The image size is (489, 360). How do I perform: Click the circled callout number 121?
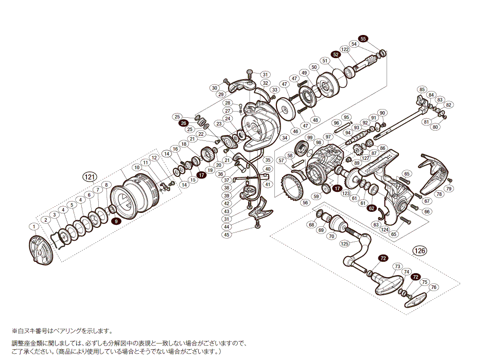(x=90, y=177)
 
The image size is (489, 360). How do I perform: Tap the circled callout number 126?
(x=420, y=251)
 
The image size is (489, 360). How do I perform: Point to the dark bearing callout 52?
(x=336, y=53)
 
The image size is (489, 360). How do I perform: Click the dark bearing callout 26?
(x=183, y=123)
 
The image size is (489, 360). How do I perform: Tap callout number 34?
(x=285, y=138)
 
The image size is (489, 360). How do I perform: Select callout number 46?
(x=295, y=131)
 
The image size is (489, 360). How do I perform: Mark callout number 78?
(x=439, y=194)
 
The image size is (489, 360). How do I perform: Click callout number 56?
(x=305, y=203)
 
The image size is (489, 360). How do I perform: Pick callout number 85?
(x=422, y=89)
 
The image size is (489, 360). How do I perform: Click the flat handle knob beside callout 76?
(x=418, y=298)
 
